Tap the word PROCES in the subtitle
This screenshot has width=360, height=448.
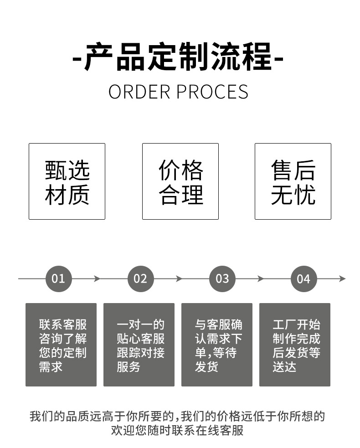(212, 92)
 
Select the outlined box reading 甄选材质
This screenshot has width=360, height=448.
(67, 181)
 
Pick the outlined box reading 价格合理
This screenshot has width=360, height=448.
(180, 181)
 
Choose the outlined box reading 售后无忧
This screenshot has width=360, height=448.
(293, 181)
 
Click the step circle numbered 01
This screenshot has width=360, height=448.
(59, 279)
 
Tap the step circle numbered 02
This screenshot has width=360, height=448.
(140, 279)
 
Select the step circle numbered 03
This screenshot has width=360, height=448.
(222, 279)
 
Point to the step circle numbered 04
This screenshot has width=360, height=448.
(303, 279)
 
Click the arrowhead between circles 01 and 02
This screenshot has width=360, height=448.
(97, 279)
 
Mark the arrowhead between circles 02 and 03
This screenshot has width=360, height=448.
(179, 279)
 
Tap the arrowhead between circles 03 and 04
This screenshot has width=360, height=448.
(261, 279)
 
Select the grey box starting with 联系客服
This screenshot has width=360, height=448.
(61, 345)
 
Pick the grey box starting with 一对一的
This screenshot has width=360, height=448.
(139, 345)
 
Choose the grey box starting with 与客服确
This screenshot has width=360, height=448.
(217, 345)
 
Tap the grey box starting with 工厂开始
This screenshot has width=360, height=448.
(295, 345)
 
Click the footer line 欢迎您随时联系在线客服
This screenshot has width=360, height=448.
(177, 430)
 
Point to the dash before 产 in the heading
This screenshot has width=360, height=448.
(77, 59)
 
